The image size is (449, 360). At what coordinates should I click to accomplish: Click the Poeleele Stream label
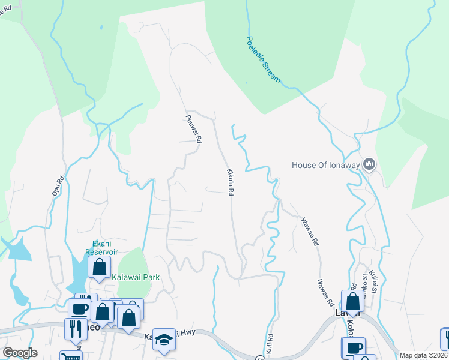point(263,59)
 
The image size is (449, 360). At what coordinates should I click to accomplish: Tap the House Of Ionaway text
point(325,164)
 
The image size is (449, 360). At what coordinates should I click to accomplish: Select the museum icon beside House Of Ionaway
point(369,164)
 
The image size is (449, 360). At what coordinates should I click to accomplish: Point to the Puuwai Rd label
point(193,129)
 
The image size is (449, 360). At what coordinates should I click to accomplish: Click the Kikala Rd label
point(229,182)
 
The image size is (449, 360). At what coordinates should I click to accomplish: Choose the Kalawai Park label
point(132,278)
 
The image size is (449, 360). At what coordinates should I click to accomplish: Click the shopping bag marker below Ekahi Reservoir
point(100,267)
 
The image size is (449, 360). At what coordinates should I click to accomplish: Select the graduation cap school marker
point(163,338)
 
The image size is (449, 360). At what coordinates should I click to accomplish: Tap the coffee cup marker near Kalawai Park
point(79,308)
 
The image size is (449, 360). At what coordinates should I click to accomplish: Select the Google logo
point(20,353)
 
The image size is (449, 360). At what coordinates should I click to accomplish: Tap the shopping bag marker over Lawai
point(352,301)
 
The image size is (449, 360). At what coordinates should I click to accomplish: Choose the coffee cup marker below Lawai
point(353,347)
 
